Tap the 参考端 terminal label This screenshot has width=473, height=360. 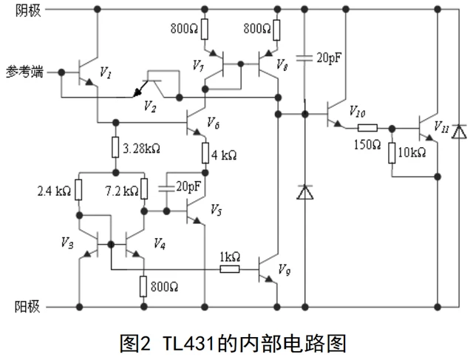tap(27, 72)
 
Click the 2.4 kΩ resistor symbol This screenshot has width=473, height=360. tap(78, 191)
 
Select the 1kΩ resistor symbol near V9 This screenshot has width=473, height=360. tap(230, 269)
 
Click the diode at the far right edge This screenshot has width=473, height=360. tap(459, 132)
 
